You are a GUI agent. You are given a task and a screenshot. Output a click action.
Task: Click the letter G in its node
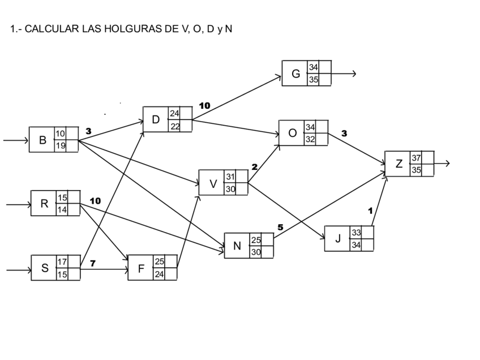click(x=295, y=74)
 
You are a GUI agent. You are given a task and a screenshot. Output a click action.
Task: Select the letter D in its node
click(x=156, y=119)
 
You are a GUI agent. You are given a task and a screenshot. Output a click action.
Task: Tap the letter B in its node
click(x=42, y=140)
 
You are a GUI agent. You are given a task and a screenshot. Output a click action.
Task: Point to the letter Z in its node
click(x=399, y=164)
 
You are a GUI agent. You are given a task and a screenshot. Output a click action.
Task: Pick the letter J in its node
click(x=338, y=238)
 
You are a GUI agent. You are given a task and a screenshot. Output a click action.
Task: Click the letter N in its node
click(x=237, y=246)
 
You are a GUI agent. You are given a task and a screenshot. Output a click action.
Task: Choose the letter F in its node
click(x=141, y=269)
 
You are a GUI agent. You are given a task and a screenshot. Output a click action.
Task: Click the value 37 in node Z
click(x=416, y=158)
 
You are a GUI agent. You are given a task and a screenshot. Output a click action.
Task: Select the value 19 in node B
click(x=60, y=146)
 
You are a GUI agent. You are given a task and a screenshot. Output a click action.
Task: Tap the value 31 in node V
click(x=230, y=177)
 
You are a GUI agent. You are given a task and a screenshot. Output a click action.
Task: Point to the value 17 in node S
click(x=62, y=262)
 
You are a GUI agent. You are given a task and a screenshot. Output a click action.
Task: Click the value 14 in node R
click(x=62, y=209)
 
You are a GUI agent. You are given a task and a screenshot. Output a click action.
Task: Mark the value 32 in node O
click(x=310, y=139)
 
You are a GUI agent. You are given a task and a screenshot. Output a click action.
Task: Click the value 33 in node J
click(x=357, y=233)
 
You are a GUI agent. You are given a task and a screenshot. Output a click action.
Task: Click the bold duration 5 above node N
click(x=280, y=227)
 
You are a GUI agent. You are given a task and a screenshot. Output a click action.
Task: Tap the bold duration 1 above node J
click(x=370, y=211)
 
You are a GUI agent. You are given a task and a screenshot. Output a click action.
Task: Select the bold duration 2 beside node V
click(x=254, y=167)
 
